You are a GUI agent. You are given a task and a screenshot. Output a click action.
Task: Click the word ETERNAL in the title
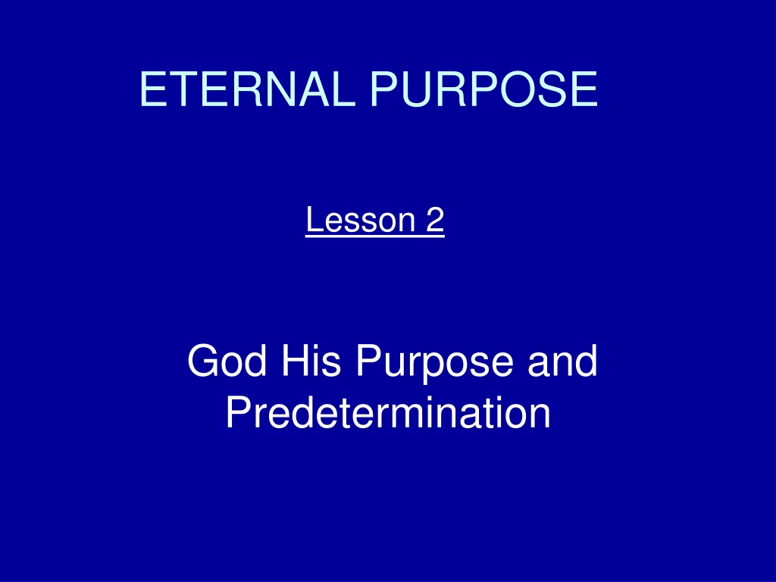[248, 89]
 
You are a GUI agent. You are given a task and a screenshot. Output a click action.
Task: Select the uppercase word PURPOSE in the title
[484, 89]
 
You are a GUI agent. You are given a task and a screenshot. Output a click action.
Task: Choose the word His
[311, 361]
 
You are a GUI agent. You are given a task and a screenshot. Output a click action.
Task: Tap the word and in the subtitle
[563, 361]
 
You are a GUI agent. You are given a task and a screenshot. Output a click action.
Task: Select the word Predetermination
[389, 412]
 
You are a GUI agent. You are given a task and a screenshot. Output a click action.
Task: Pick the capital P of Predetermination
[239, 412]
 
